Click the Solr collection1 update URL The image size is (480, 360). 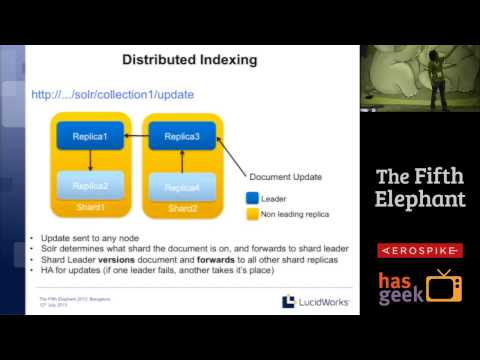112,95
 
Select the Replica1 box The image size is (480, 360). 89,134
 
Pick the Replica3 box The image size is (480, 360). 182,134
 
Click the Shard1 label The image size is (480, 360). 90,208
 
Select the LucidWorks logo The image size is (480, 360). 316,300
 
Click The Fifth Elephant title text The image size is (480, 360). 420,187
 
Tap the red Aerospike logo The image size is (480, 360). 419,249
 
